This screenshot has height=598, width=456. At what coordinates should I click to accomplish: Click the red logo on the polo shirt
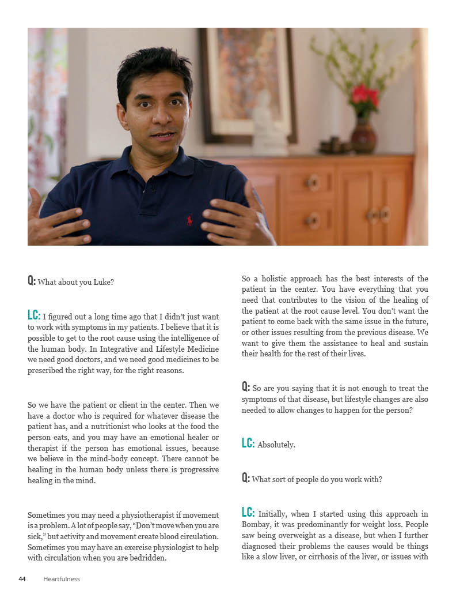(189, 220)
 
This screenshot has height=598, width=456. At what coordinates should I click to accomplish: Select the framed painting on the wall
(248, 81)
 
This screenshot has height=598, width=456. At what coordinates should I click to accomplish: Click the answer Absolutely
(276, 445)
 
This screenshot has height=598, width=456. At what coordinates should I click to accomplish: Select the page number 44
(22, 579)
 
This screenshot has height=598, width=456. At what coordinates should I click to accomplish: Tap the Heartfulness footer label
(62, 579)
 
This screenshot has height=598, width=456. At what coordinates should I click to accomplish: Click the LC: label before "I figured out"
(34, 315)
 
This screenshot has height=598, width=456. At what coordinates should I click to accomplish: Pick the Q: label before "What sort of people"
(246, 479)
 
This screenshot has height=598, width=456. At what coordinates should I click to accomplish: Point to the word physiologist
(178, 547)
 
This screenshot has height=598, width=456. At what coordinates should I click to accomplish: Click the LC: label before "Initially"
(248, 513)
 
